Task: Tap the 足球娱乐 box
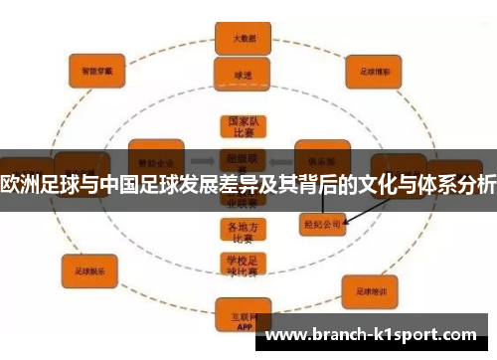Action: (89, 270)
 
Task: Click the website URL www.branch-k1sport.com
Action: (374, 334)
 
